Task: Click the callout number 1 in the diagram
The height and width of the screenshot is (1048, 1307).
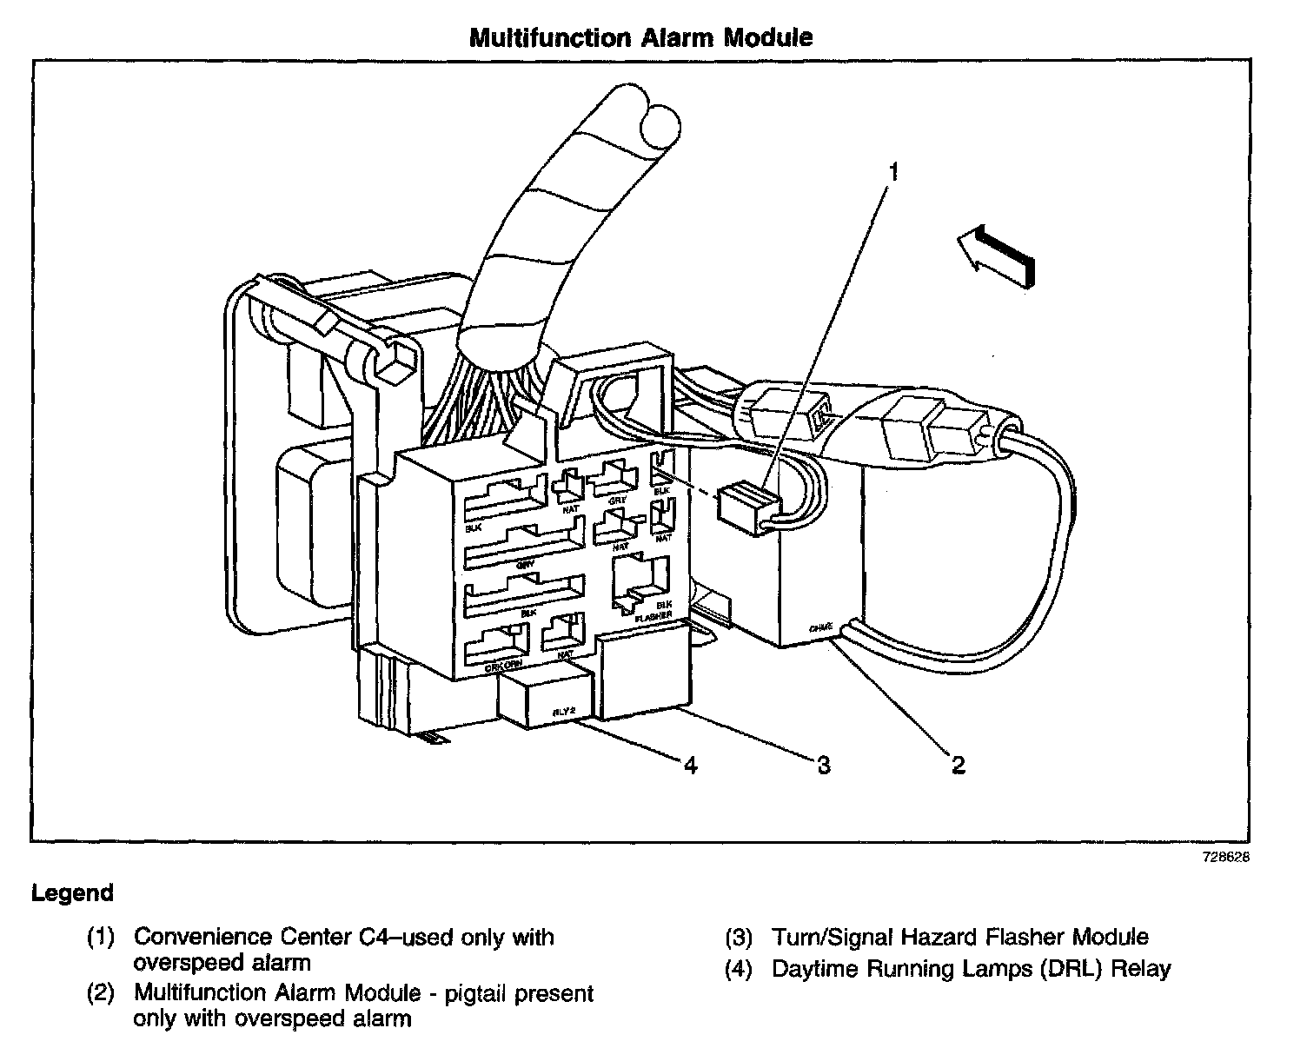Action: click(x=892, y=171)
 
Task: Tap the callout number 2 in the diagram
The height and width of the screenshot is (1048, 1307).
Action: click(x=957, y=765)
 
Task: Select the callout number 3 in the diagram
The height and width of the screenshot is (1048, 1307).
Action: click(x=823, y=765)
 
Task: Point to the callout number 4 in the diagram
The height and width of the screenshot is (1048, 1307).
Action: click(x=690, y=765)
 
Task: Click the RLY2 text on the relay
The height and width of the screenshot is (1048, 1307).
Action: click(x=566, y=713)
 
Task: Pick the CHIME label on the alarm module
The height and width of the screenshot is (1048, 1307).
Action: click(x=821, y=627)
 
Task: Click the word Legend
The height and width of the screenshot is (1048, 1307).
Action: click(x=72, y=893)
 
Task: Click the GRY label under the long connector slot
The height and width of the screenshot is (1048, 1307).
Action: click(x=524, y=564)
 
